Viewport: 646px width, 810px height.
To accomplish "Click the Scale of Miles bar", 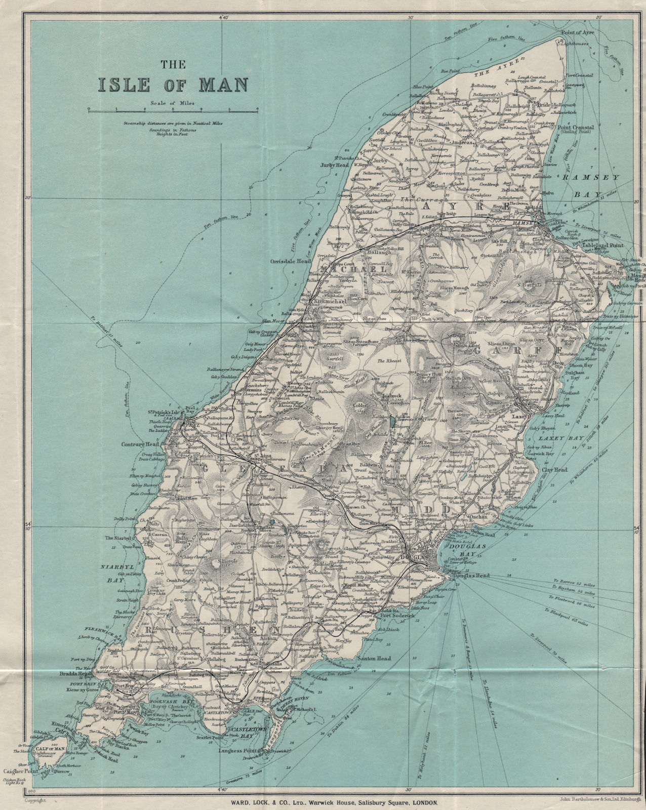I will point(173,109).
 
